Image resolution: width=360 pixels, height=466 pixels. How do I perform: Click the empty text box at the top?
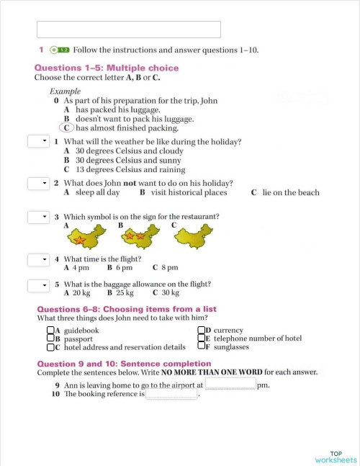tap(128, 30)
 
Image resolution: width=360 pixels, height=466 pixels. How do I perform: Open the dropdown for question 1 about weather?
tap(38, 141)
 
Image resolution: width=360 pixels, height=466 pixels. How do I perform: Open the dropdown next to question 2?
tap(38, 183)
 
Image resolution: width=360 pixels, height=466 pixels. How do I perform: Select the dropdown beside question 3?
tap(38, 217)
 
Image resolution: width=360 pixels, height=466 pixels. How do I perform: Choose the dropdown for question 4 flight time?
tap(38, 259)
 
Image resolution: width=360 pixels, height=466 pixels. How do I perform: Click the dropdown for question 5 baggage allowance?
tap(38, 285)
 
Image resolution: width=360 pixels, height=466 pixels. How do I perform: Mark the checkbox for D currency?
tap(202, 331)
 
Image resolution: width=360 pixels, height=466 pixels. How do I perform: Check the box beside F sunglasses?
tap(202, 346)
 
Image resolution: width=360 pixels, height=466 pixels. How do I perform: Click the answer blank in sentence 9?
tap(230, 385)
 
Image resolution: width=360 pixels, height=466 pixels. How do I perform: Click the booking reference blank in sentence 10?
tap(171, 394)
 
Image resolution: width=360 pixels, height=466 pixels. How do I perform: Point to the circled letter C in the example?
tap(67, 127)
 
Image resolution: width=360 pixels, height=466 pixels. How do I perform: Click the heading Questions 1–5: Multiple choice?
tap(107, 68)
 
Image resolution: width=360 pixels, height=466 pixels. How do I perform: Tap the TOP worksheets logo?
tap(336, 456)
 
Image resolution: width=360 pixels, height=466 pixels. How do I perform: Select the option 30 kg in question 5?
tap(166, 293)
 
